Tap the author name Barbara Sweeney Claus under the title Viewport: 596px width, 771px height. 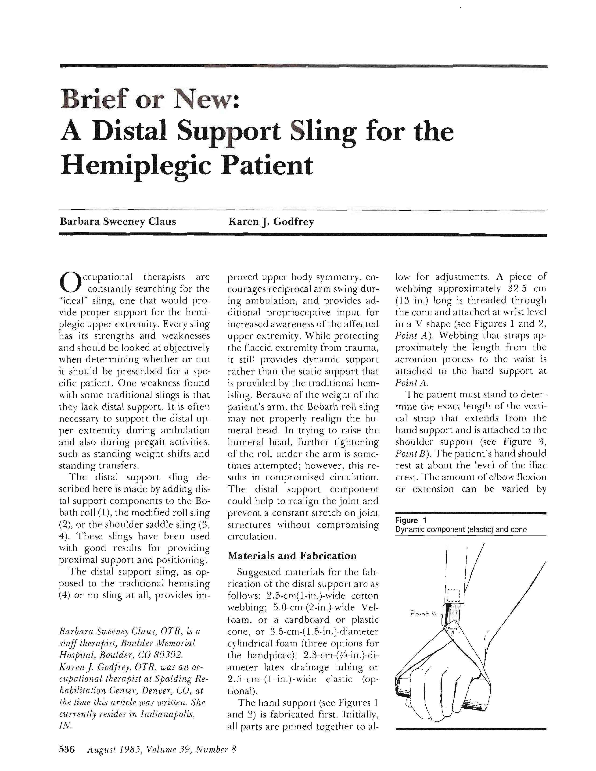118,222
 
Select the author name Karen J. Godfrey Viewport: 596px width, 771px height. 271,222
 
